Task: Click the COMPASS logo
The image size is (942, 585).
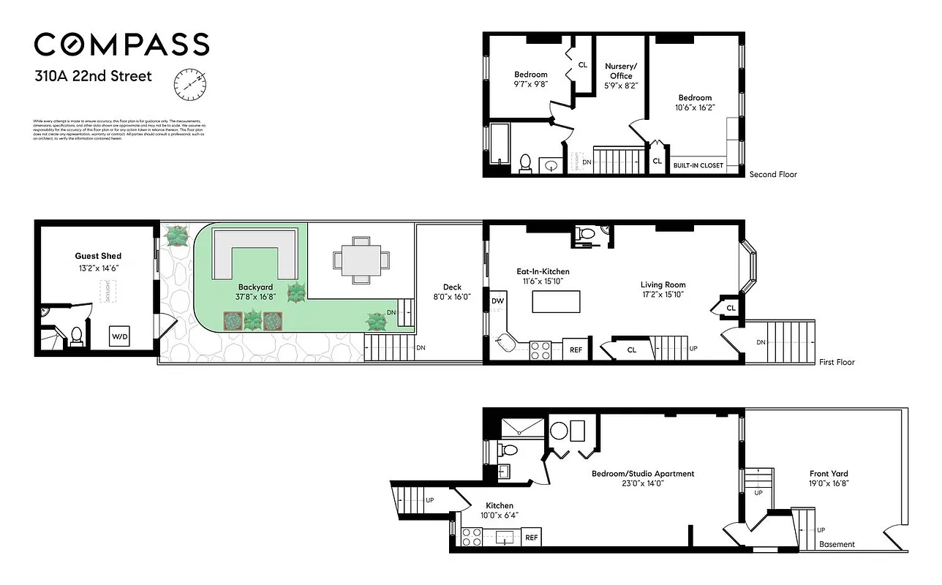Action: click(121, 45)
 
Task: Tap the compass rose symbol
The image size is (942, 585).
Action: click(188, 85)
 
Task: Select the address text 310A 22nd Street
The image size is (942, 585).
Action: click(93, 75)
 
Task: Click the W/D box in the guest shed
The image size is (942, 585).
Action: click(119, 336)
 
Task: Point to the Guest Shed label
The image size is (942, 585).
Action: click(98, 256)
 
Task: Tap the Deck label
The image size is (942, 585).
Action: click(451, 287)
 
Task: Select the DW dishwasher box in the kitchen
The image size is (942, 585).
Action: click(497, 301)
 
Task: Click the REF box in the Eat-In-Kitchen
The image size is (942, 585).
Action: click(576, 350)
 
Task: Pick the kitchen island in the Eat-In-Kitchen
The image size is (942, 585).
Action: click(556, 301)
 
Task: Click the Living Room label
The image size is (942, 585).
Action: click(663, 284)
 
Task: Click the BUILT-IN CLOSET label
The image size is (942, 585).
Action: click(698, 165)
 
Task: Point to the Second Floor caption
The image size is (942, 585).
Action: click(772, 175)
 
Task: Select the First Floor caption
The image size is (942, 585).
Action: click(837, 362)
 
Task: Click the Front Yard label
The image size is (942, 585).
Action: click(829, 474)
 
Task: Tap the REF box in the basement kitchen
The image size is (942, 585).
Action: click(532, 537)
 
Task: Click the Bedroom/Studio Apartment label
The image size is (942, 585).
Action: click(642, 474)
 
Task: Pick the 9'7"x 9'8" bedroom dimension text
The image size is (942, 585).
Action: click(531, 84)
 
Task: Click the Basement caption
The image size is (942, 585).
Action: click(837, 544)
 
